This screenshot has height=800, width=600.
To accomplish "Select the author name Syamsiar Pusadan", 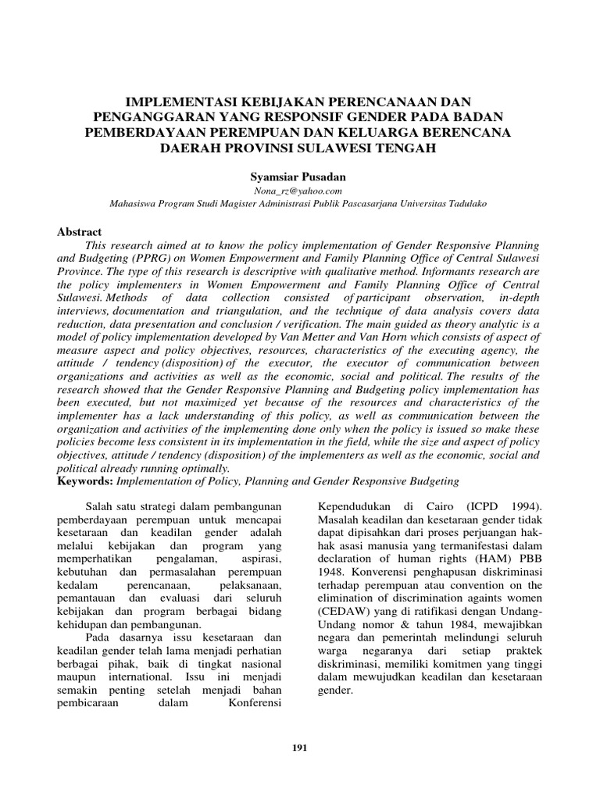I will point(299,178).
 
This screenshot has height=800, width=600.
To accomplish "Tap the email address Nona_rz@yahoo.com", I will point(299,191).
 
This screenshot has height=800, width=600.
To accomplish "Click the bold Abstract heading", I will point(80,232).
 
